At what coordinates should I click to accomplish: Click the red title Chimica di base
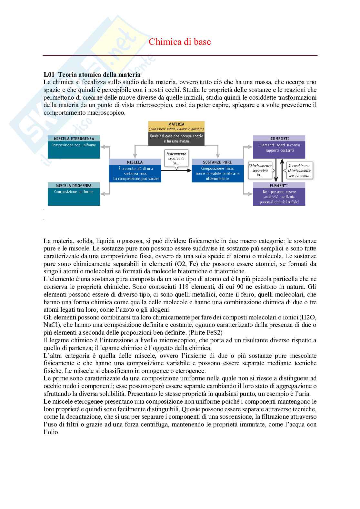click(x=180, y=42)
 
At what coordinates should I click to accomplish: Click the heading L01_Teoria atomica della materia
click(x=92, y=74)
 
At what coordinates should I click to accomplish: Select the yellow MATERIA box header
click(x=176, y=124)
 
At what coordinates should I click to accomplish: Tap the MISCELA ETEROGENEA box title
click(x=74, y=139)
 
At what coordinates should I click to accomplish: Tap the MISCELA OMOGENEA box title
click(x=74, y=186)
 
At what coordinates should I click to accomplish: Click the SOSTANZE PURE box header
click(x=217, y=162)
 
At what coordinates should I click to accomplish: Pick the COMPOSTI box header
click(x=279, y=139)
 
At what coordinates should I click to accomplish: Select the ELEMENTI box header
click(x=279, y=186)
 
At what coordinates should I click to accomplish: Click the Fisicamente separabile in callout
click(x=176, y=158)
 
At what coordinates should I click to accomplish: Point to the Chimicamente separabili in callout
click(x=260, y=170)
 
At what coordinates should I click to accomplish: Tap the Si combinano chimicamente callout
click(x=299, y=170)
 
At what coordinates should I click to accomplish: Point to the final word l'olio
click(x=52, y=432)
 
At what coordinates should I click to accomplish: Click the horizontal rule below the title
click(x=180, y=55)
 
